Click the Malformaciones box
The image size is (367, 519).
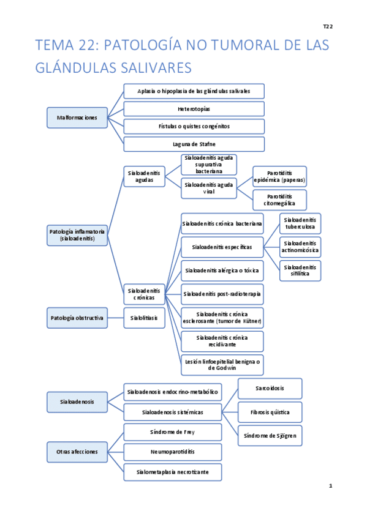[x=77, y=118]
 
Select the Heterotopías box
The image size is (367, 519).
[x=194, y=109]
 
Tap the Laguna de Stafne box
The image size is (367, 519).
[x=194, y=144]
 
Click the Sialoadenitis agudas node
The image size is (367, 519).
[x=144, y=177]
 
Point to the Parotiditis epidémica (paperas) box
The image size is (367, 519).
[x=279, y=176]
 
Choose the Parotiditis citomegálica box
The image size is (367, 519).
[x=279, y=200]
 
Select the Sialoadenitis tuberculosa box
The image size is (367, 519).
[x=300, y=223]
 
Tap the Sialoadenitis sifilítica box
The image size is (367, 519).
[x=300, y=271]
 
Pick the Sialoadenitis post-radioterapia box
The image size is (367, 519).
[x=222, y=294]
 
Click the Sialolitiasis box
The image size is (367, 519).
[x=144, y=318]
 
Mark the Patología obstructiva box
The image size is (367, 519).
[x=77, y=318]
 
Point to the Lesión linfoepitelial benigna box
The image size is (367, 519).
[x=222, y=365]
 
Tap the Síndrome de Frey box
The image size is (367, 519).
[x=172, y=432]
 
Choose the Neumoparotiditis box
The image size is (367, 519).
[x=172, y=452]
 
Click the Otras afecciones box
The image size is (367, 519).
[x=77, y=452]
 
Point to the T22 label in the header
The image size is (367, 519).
[x=328, y=26]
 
